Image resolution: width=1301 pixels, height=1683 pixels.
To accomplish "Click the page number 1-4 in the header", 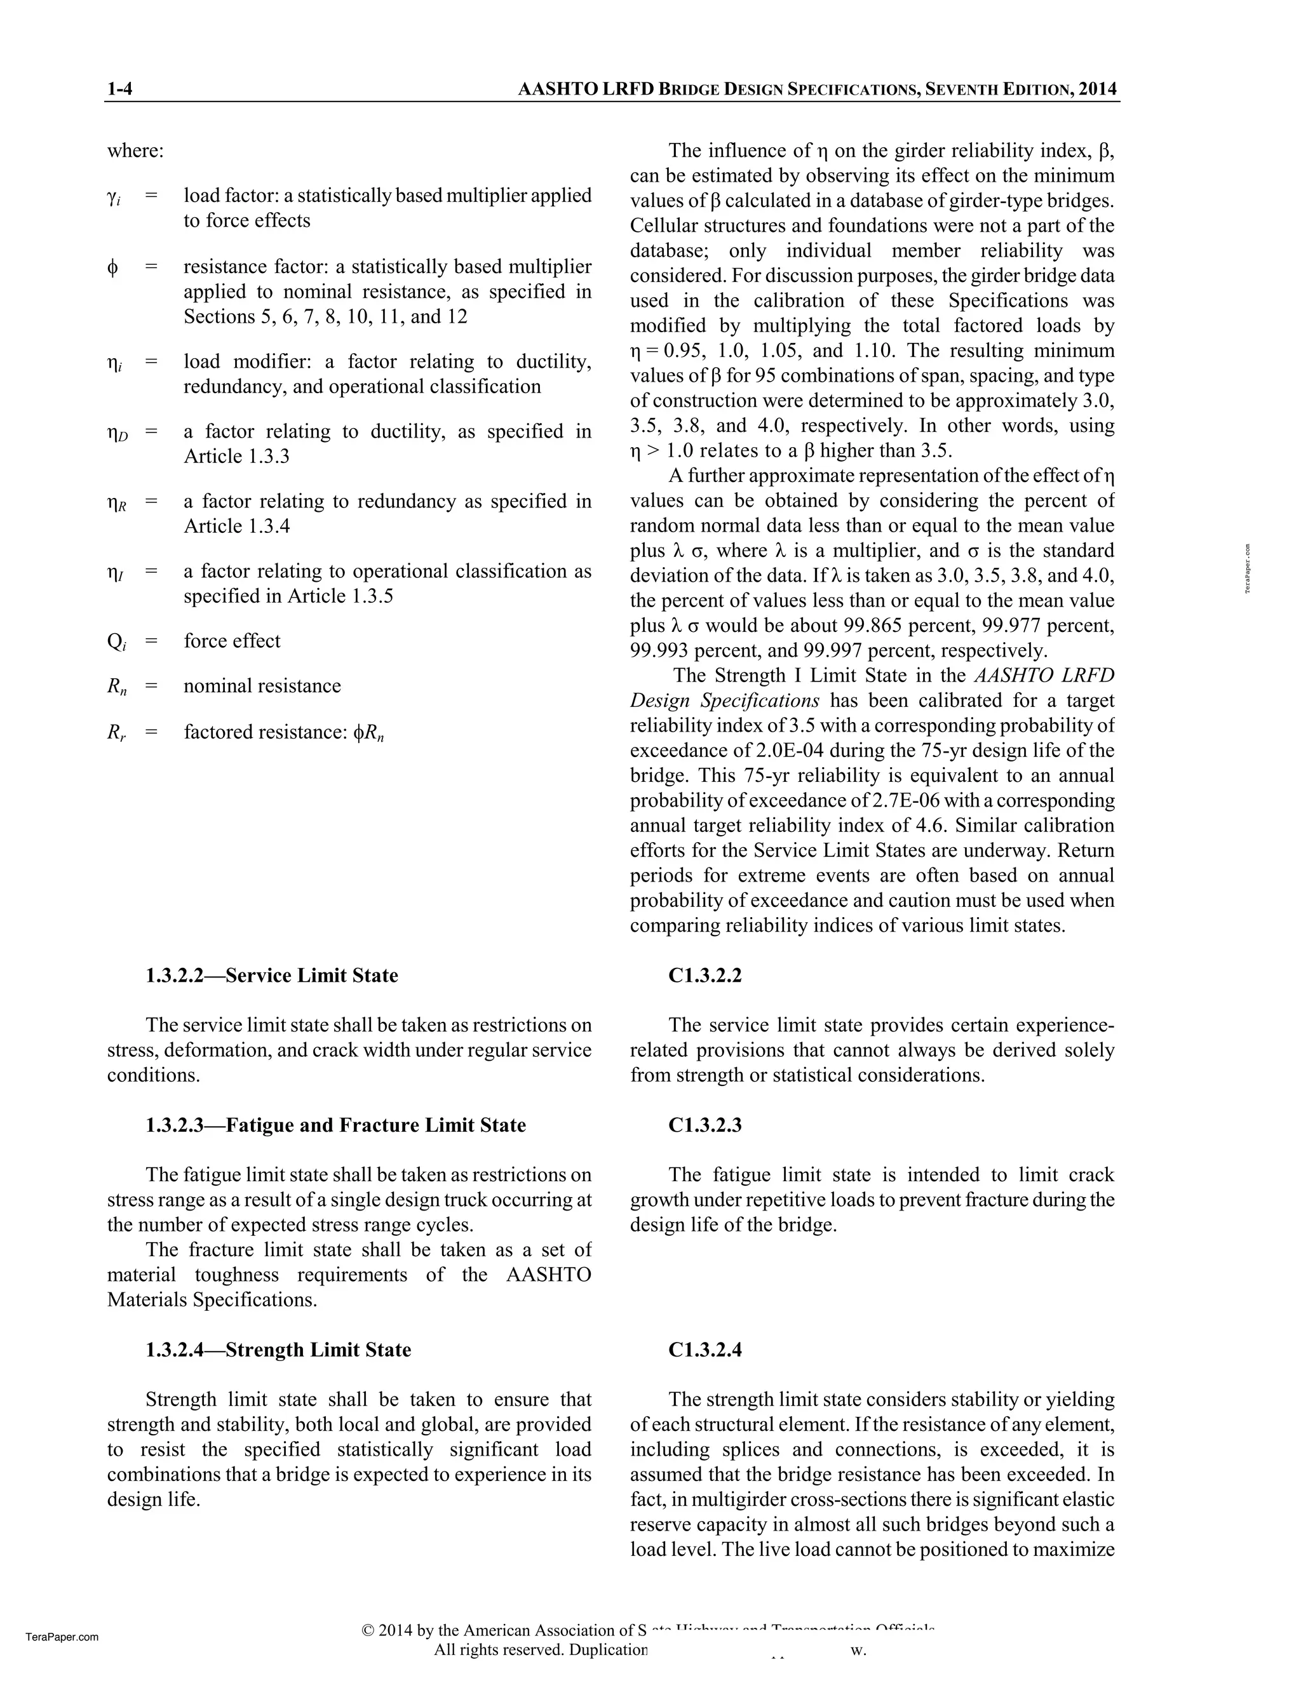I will pos(119,90).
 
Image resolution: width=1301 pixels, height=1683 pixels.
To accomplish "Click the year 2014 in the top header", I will pos(1098,90).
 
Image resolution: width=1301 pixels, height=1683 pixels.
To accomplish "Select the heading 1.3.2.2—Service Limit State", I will pos(272,976).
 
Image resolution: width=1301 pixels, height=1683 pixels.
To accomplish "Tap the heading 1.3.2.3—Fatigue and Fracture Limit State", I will pos(336,1125).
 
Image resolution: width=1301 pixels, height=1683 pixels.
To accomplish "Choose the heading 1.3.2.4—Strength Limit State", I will pos(278,1350).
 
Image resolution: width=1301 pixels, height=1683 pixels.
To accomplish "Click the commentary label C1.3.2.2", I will pos(704,976).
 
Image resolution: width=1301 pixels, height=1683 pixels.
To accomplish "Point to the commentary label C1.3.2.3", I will pos(704,1125).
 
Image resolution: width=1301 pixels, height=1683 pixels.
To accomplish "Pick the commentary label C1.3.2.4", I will pos(704,1350).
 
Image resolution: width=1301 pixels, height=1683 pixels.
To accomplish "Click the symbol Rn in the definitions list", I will pos(116,687).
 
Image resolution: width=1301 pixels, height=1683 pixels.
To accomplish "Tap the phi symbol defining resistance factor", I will pos(112,267).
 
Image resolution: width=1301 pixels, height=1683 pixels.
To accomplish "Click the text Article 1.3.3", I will pos(236,456).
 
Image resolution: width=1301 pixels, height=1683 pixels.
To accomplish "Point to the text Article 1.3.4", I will pos(236,526).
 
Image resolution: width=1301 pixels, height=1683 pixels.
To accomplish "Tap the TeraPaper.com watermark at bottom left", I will pos(62,1637).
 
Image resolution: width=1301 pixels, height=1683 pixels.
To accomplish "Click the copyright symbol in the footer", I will pos(368,1630).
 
